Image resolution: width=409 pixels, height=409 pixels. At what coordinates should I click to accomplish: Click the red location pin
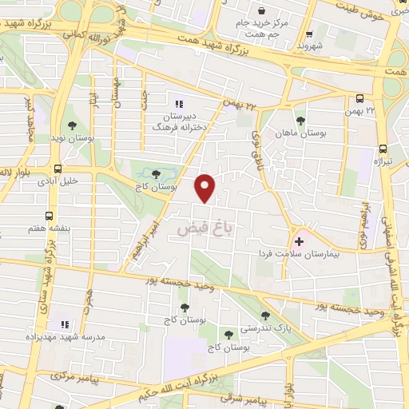206,188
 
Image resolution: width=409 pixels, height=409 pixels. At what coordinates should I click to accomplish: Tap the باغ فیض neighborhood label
204,229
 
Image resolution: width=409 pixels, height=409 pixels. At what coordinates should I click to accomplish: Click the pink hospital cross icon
300,240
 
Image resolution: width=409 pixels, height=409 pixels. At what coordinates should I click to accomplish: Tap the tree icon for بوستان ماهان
300,121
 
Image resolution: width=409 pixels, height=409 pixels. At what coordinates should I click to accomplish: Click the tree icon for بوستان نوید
73,125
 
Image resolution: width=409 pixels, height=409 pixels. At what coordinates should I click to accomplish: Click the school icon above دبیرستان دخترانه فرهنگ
178,103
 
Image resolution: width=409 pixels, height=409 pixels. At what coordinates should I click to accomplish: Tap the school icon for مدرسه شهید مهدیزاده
66,324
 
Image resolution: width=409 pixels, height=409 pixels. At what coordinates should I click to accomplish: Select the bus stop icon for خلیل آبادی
58,169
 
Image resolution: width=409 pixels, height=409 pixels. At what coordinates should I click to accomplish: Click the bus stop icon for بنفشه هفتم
50,216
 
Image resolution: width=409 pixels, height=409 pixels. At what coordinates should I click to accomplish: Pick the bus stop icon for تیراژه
383,149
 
